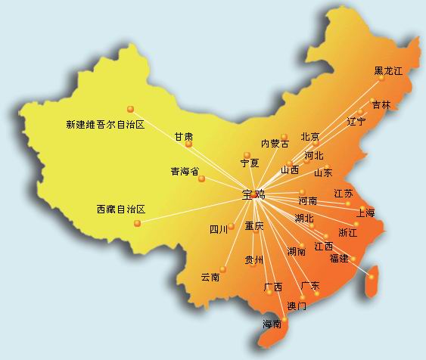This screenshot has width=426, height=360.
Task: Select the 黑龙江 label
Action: tap(388, 71)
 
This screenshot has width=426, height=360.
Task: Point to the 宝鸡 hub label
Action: tap(253, 194)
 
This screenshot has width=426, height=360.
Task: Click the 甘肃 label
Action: tap(184, 136)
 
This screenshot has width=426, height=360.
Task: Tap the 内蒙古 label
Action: tap(275, 143)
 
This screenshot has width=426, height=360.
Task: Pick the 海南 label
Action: tap(272, 324)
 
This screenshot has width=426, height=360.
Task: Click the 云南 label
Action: tap(210, 278)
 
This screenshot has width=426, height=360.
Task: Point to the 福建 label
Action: tap(339, 259)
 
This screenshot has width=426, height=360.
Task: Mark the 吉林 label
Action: tap(381, 105)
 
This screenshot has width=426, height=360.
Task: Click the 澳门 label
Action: tap(297, 306)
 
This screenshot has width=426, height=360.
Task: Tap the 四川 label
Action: tap(218, 229)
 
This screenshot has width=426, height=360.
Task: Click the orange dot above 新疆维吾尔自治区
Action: tap(130, 109)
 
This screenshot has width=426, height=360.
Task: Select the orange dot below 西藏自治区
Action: tap(137, 223)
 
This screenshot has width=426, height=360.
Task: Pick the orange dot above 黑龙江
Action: tap(383, 57)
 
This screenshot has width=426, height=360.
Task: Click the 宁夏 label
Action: tap(250, 163)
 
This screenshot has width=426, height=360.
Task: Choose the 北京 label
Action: tap(310, 137)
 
